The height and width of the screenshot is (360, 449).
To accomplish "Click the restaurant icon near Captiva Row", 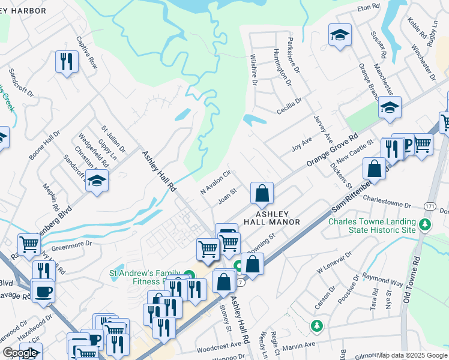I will point(66,61).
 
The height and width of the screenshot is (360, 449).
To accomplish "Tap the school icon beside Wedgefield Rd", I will point(97,179).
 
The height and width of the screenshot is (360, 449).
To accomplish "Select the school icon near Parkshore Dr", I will point(340,35).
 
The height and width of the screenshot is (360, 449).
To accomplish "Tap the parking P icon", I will point(408,144).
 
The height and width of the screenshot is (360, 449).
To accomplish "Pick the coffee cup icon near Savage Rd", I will point(43,292).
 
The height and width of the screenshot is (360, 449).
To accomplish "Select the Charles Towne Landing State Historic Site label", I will point(372,226).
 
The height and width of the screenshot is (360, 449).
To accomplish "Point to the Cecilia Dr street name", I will point(289,106).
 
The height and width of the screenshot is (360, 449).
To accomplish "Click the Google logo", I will point(20,353).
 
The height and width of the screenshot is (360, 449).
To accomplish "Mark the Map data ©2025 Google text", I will point(412,355).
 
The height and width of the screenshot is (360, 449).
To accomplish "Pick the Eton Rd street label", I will point(369,7).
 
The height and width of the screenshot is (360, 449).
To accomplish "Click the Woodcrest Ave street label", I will point(220,346).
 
